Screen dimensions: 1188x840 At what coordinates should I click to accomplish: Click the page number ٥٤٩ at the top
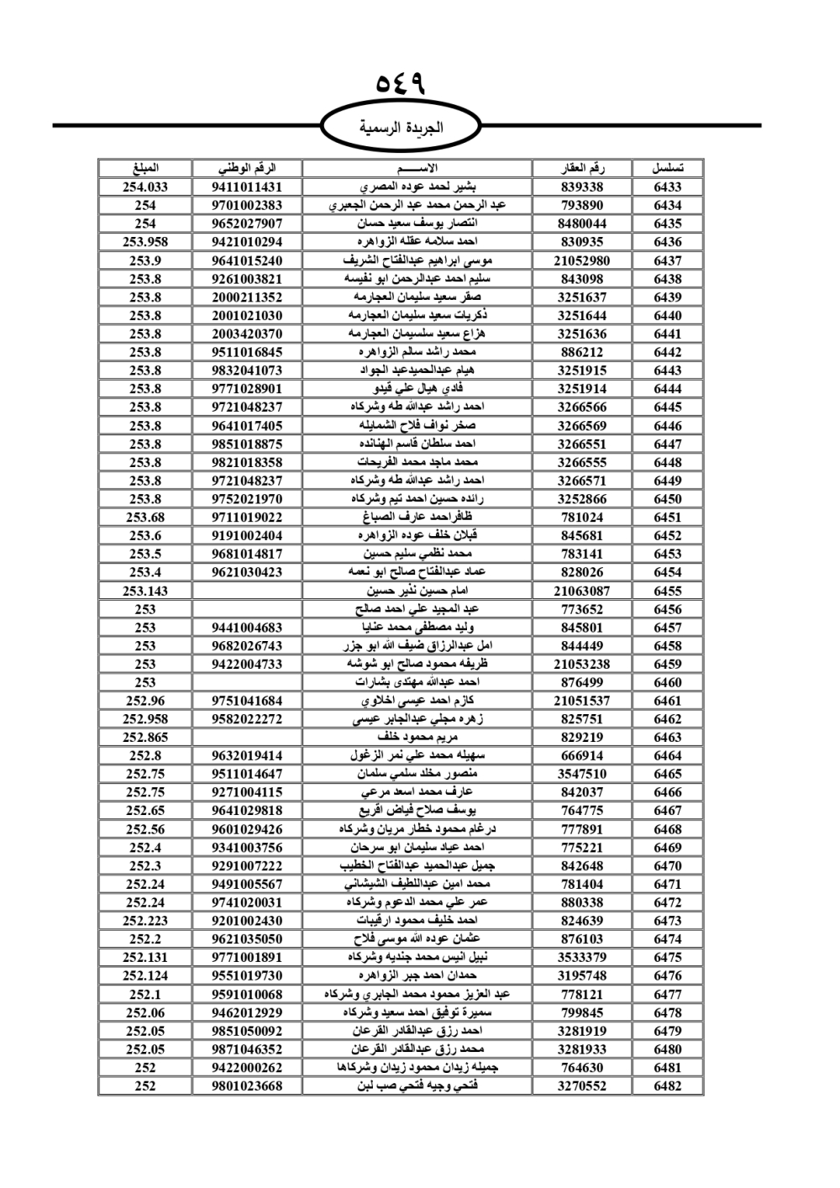click(401, 84)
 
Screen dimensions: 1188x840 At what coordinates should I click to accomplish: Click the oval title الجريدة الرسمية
click(401, 128)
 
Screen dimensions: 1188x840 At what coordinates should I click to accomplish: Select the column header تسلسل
click(667, 168)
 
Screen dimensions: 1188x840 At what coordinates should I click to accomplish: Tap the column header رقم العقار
click(581, 168)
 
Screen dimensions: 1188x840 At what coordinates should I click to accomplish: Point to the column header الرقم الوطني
click(247, 168)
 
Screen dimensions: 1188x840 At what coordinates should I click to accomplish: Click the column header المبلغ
click(145, 168)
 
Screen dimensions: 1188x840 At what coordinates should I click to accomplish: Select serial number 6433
click(667, 187)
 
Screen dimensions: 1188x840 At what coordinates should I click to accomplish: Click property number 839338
click(581, 187)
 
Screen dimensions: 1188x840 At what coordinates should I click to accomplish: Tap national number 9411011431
click(247, 187)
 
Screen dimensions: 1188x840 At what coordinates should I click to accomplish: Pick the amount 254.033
click(145, 187)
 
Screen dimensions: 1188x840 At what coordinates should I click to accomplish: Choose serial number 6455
click(667, 591)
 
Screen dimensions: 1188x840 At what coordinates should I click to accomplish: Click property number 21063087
click(581, 591)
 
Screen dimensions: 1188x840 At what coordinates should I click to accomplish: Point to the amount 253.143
click(145, 591)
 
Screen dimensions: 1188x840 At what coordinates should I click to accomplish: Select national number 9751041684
click(247, 701)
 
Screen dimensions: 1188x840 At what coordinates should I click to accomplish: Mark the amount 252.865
click(145, 737)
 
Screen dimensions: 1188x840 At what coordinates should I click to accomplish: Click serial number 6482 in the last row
click(667, 1085)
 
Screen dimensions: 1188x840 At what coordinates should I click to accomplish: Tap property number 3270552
click(581, 1085)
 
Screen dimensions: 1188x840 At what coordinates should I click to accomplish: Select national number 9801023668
click(247, 1085)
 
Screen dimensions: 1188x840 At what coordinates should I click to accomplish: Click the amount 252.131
click(145, 957)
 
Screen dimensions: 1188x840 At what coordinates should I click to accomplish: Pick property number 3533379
click(581, 957)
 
